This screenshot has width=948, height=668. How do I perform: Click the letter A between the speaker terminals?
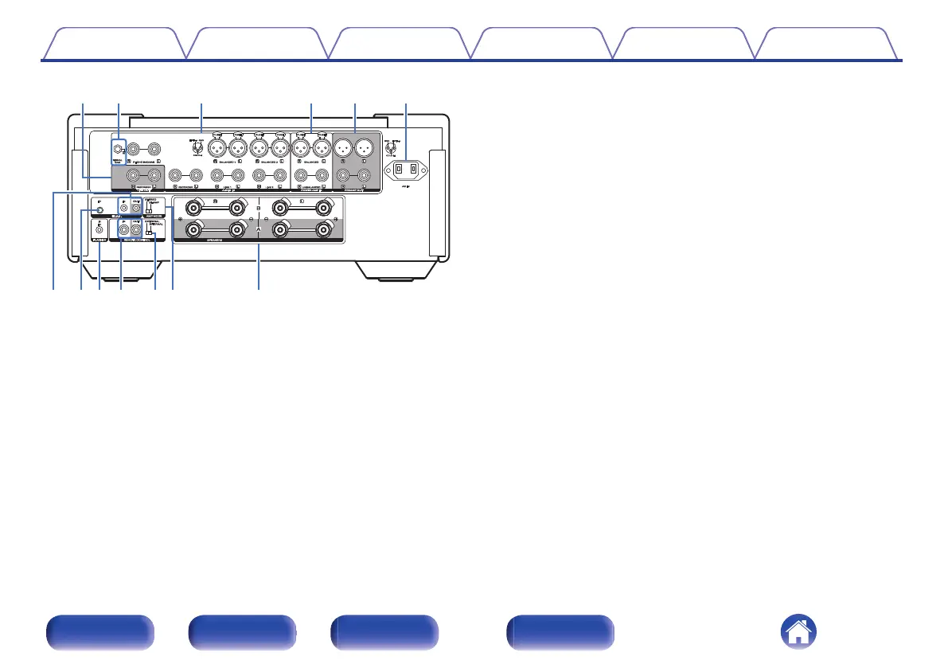(x=258, y=229)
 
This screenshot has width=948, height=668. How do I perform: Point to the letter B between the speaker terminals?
(x=258, y=210)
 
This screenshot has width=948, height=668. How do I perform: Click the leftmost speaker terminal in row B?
(x=192, y=209)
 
